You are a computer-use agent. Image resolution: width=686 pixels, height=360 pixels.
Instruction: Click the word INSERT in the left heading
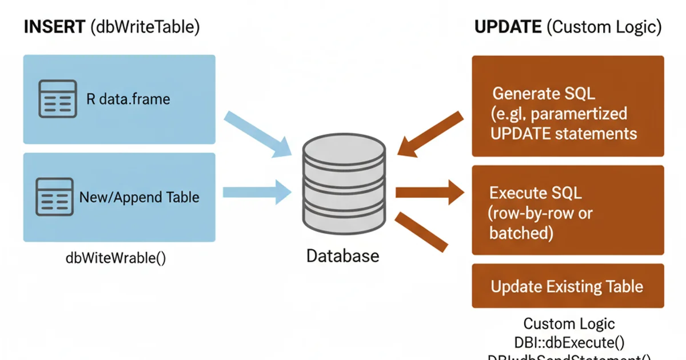54,27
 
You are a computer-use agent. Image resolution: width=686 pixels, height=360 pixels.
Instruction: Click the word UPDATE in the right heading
507,27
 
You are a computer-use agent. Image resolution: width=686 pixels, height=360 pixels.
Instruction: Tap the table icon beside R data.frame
57,99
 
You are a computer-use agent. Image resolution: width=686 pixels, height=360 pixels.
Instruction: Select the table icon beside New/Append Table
55,197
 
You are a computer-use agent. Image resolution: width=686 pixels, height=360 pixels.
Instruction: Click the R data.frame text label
128,99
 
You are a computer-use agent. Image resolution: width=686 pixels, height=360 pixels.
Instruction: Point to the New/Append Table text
139,197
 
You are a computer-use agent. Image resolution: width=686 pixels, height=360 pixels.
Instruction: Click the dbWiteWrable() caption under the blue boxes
116,257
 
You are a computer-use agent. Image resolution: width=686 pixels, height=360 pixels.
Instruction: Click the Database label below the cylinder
342,255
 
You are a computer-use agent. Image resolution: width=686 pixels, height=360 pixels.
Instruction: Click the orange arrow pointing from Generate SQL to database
430,135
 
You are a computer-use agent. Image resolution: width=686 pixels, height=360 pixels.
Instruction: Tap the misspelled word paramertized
579,113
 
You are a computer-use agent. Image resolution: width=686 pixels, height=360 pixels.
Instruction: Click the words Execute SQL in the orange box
536,193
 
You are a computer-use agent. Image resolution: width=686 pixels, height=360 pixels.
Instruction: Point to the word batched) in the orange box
521,233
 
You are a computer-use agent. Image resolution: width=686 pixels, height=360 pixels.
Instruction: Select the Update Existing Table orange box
567,286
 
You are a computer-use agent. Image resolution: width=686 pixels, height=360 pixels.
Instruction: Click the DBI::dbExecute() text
569,342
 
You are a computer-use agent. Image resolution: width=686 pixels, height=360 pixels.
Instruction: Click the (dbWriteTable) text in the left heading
145,27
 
